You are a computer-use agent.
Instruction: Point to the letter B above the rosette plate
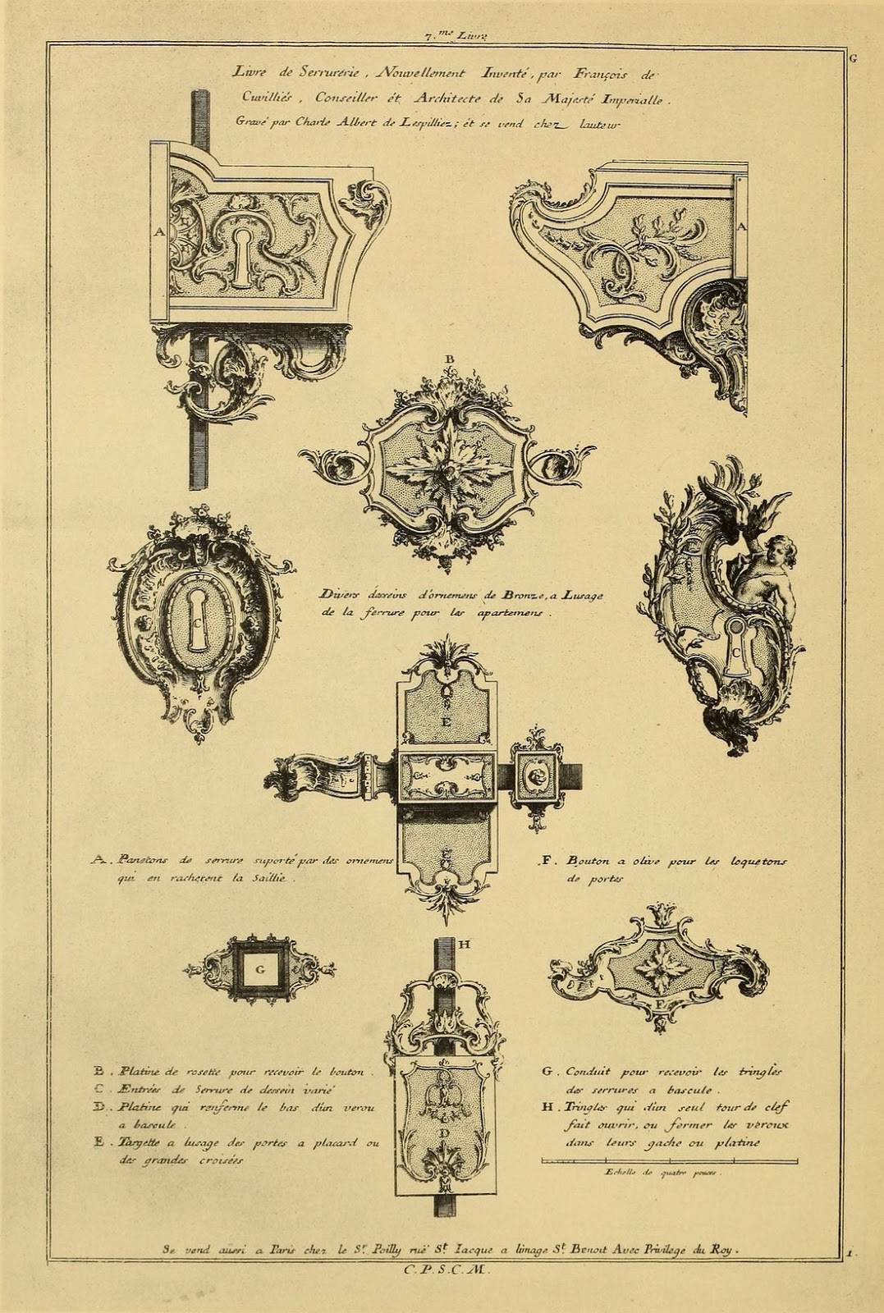tap(449, 359)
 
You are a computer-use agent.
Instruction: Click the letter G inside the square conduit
tap(259, 969)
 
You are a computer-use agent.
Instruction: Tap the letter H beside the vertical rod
tap(464, 945)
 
